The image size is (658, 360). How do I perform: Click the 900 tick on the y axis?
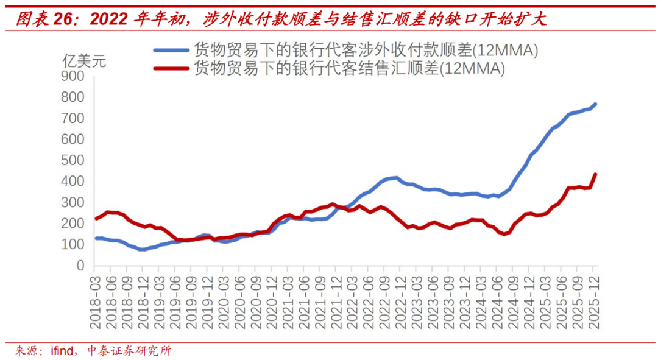[x=73, y=77]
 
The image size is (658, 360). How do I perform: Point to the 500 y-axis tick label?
[x=73, y=161]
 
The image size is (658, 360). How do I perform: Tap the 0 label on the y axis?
[x=80, y=266]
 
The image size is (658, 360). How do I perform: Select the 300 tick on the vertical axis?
[x=73, y=203]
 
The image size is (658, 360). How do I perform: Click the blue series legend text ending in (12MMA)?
[x=366, y=51]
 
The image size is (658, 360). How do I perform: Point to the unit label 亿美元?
[x=85, y=61]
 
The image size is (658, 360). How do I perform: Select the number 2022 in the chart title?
[x=110, y=19]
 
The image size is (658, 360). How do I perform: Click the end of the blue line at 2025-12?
[x=595, y=104]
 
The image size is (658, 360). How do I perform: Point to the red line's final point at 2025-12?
[x=595, y=174]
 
